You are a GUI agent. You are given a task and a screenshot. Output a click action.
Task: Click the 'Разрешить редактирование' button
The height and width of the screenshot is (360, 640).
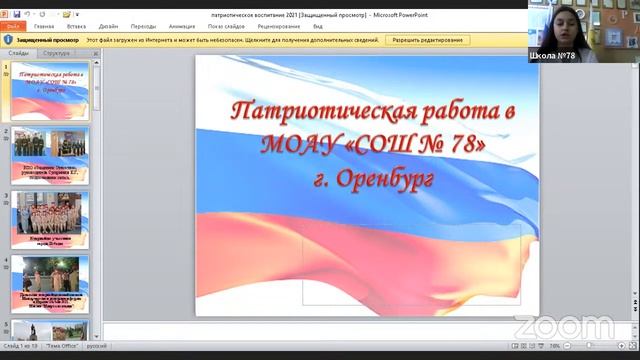click(428, 40)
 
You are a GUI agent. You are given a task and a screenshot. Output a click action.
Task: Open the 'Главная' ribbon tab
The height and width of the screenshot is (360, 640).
click(44, 26)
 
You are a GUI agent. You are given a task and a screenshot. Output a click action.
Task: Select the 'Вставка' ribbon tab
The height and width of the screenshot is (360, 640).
click(76, 26)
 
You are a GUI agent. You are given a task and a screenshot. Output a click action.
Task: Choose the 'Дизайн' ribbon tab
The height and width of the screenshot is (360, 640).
click(108, 26)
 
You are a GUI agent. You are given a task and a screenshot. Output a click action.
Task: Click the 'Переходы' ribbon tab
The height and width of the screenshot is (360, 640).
click(143, 26)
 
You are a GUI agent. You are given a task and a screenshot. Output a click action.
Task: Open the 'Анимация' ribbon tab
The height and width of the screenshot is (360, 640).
click(182, 26)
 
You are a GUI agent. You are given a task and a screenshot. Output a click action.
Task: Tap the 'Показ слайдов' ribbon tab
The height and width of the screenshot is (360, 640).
click(227, 26)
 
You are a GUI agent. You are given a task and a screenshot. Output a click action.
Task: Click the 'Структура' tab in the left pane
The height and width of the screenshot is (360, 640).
click(57, 52)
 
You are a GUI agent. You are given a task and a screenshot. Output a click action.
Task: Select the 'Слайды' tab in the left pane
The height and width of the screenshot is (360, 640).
click(18, 52)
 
